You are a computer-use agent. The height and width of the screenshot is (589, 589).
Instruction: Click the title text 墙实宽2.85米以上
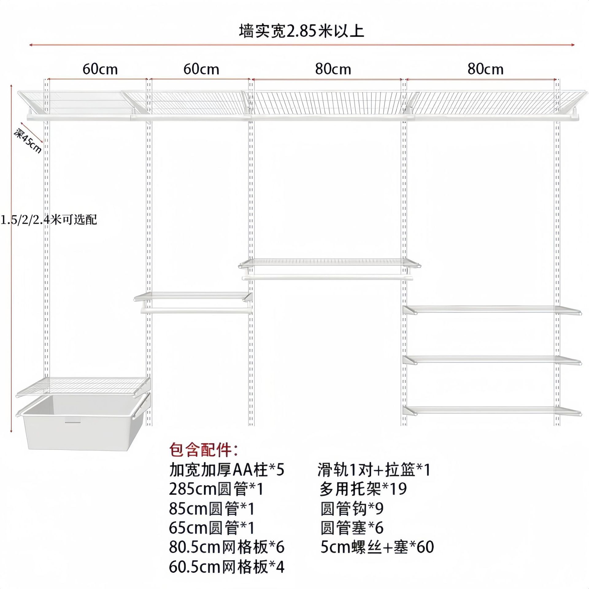pos(301,31)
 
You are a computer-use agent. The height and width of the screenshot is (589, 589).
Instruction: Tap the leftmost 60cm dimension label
pos(100,69)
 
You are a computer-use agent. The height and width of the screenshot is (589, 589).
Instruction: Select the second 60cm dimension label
pos(201,69)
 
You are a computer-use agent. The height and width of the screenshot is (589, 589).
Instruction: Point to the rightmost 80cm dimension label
pos(485,69)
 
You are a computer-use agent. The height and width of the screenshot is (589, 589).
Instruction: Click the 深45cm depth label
pos(28,141)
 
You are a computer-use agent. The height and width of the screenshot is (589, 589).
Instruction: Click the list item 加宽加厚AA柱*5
pos(227,470)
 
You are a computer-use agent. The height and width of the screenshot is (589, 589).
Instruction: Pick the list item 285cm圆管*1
pos(216,489)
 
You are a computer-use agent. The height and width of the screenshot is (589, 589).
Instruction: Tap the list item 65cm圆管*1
pos(212,528)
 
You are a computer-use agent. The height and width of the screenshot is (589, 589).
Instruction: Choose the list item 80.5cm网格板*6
pos(227,547)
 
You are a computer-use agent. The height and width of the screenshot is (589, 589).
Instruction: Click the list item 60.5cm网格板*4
pos(227,567)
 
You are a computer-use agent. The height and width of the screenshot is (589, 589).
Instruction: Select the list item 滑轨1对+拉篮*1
pos(374,470)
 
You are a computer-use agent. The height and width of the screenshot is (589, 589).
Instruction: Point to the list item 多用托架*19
pos(363,489)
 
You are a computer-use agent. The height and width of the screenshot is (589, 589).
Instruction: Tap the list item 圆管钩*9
pos(352,509)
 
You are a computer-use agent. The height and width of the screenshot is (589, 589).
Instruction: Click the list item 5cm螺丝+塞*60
pos(377,547)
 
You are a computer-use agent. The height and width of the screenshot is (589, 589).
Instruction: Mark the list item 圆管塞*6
pos(352,528)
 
